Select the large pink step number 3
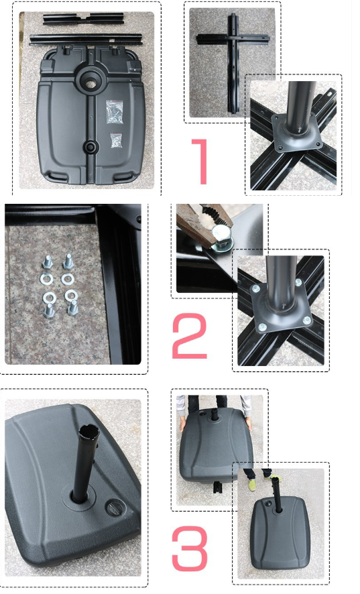pyautogui.click(x=190, y=548)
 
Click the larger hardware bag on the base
pyautogui.click(x=115, y=111)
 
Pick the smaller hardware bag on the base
pyautogui.click(x=117, y=140)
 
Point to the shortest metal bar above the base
pyautogui.click(x=84, y=18)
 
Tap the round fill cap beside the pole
pyautogui.click(x=115, y=508)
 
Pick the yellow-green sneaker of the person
pyautogui.click(x=251, y=485)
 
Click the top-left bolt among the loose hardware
pyautogui.click(x=47, y=262)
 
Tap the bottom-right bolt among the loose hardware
pyautogui.click(x=72, y=308)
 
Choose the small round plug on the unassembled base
pyautogui.click(x=91, y=147)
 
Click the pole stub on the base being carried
pyautogui.click(x=215, y=414)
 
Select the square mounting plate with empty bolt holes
pyautogui.click(x=297, y=133)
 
